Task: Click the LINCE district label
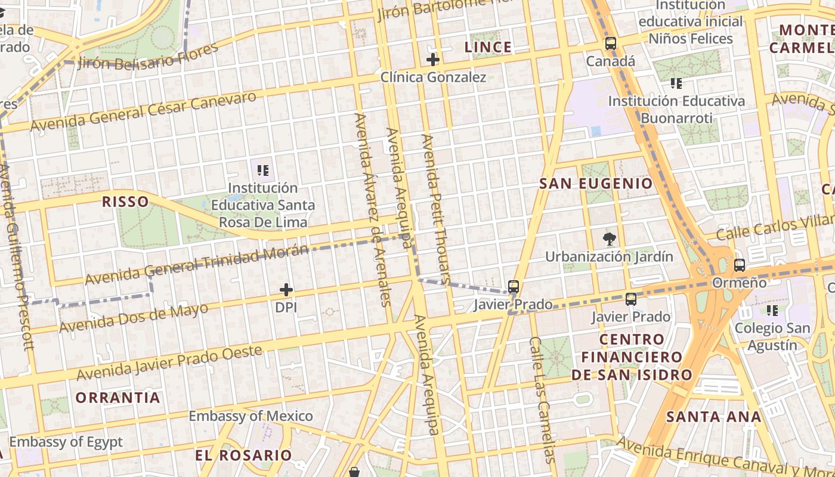488,47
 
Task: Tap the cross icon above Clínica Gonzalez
433,60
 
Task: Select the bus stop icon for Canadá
610,44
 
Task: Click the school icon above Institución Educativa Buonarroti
676,83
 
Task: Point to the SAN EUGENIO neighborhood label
596,184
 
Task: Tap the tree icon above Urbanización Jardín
609,240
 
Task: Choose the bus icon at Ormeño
740,265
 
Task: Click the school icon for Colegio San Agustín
772,311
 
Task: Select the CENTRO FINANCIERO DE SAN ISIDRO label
632,357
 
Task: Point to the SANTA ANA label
713,417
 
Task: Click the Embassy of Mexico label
250,416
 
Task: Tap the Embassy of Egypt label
66,442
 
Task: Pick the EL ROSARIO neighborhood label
243,456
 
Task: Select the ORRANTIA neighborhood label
117,397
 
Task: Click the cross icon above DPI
286,290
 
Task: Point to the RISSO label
125,202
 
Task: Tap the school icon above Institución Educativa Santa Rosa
263,171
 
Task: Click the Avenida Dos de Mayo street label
134,318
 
